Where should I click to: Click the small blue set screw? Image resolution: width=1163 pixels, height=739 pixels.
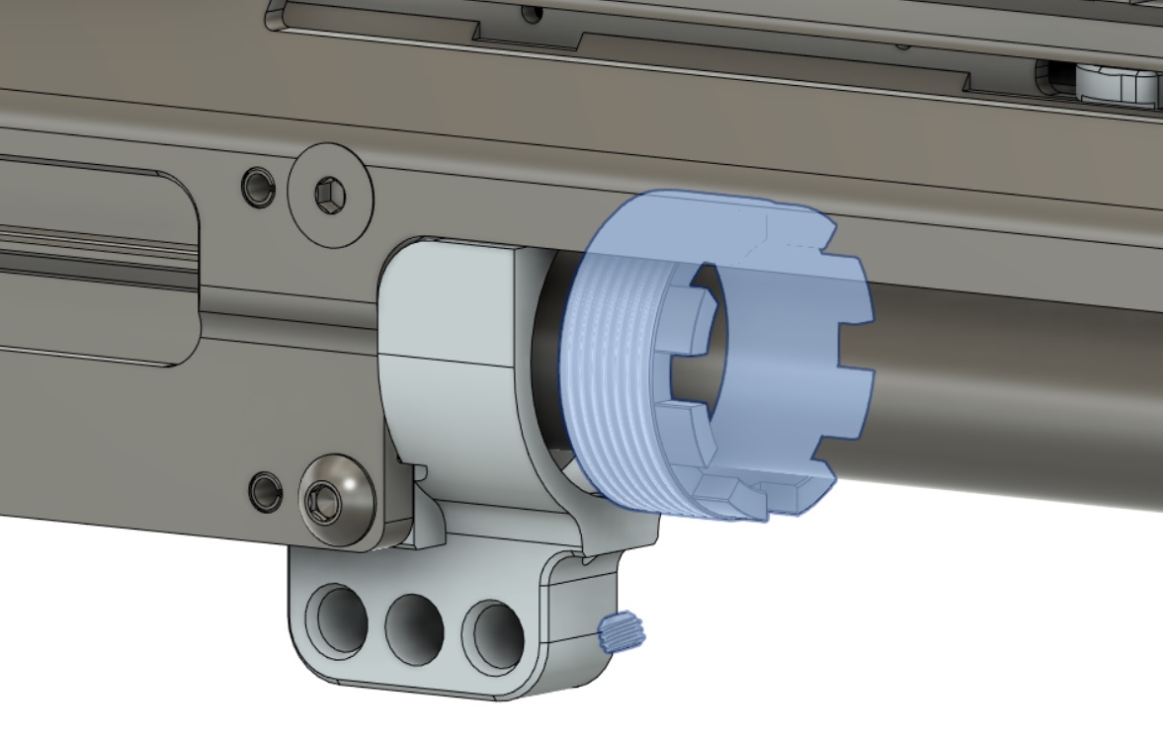pyautogui.click(x=622, y=630)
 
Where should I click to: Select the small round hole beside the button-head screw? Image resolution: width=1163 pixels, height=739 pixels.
pyautogui.click(x=264, y=490)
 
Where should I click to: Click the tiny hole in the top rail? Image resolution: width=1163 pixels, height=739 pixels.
pyautogui.click(x=534, y=13)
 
